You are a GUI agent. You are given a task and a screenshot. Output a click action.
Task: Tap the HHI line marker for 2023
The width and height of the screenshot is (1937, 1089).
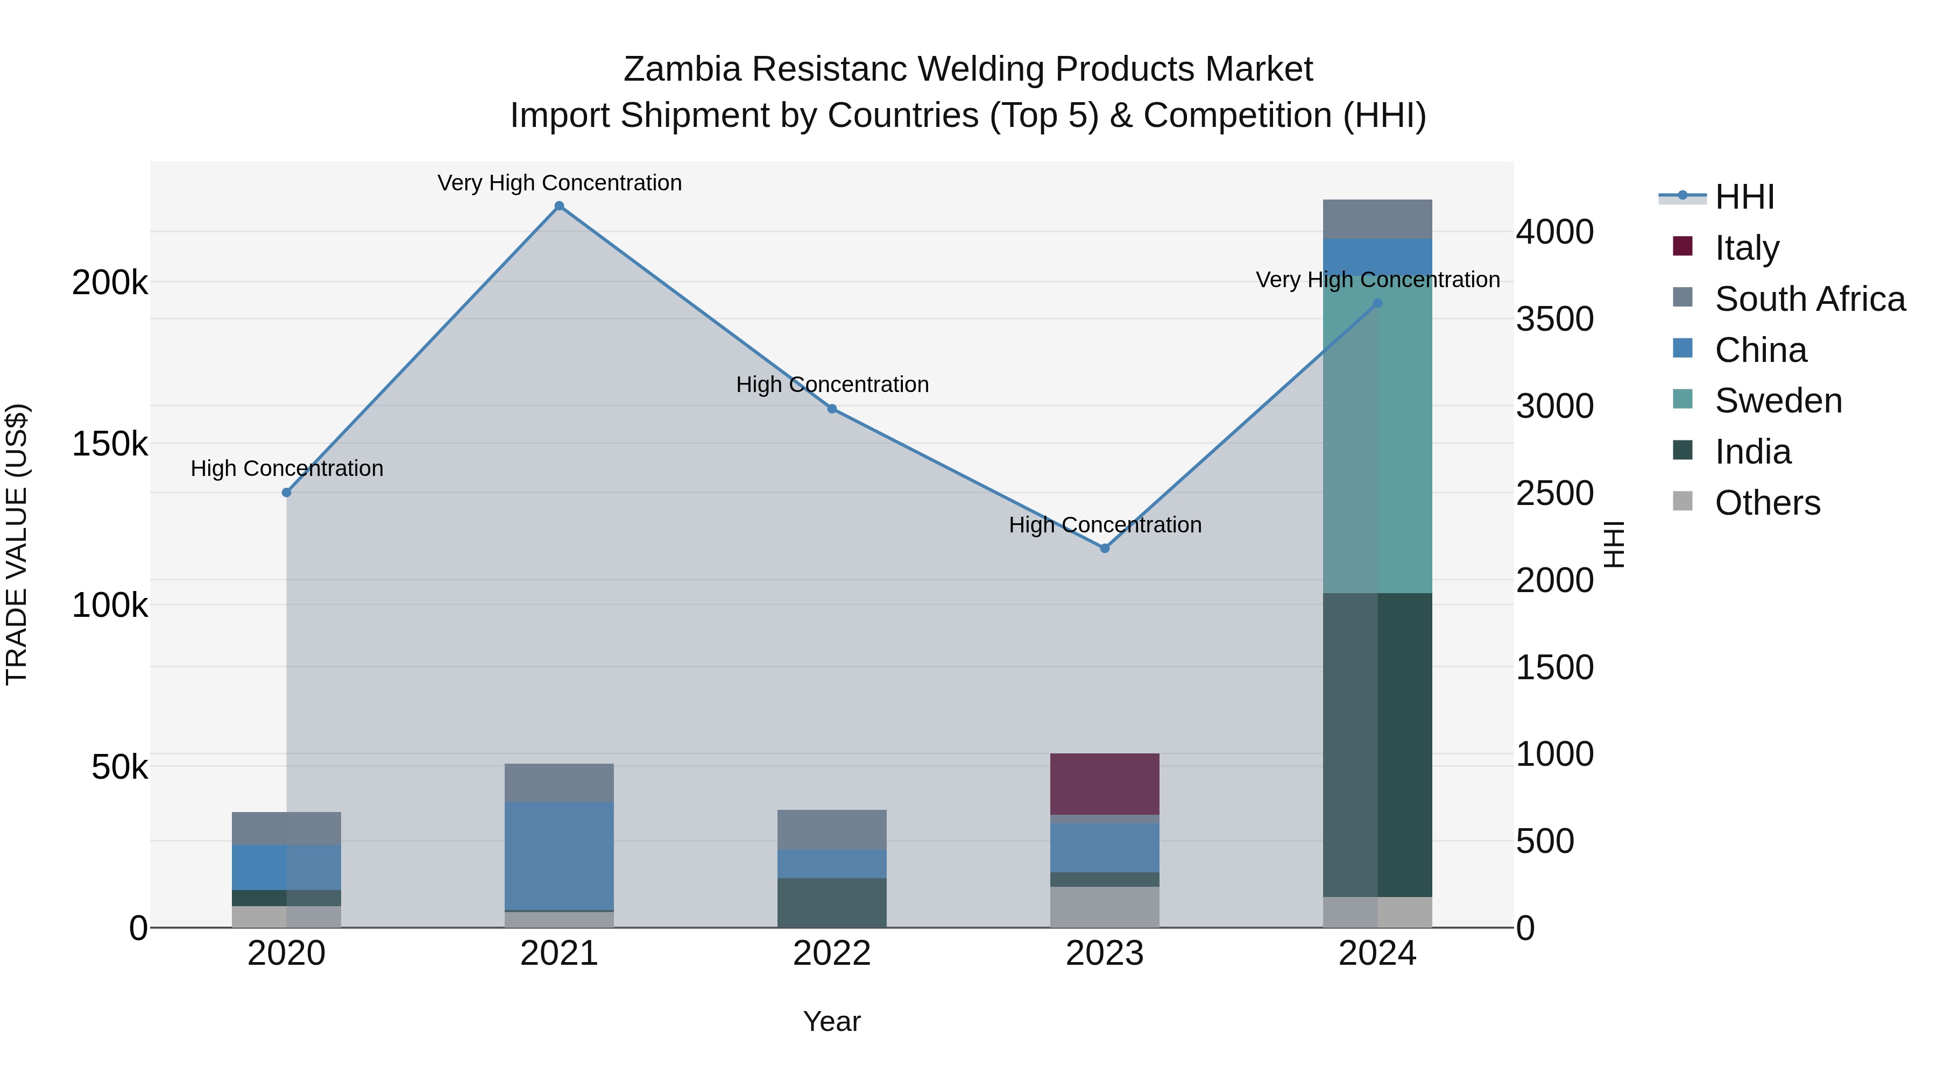1105,549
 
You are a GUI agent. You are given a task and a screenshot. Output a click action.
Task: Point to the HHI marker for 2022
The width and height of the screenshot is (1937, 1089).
832,409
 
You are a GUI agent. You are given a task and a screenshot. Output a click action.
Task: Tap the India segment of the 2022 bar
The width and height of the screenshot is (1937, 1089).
832,902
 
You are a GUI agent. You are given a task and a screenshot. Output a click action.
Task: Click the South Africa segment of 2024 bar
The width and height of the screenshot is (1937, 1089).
1377,219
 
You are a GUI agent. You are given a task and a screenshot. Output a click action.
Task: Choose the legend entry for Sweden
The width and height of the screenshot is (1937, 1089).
1778,401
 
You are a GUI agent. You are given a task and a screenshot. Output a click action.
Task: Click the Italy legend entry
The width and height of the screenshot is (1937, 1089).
1746,247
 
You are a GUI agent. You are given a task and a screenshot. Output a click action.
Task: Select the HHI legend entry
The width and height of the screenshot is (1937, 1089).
1744,197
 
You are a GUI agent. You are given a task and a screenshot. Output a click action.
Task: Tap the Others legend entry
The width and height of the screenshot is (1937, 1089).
1767,503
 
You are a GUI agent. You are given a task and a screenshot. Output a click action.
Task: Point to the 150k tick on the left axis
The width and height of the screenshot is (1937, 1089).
110,444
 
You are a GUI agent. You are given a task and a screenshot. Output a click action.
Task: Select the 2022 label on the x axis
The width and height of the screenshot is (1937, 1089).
832,953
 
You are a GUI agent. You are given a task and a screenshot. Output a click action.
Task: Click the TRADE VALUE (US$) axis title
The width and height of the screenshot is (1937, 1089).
17,544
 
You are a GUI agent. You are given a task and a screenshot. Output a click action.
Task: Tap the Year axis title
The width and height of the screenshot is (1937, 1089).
832,1021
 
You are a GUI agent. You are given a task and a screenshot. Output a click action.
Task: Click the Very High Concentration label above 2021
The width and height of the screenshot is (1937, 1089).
560,183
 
